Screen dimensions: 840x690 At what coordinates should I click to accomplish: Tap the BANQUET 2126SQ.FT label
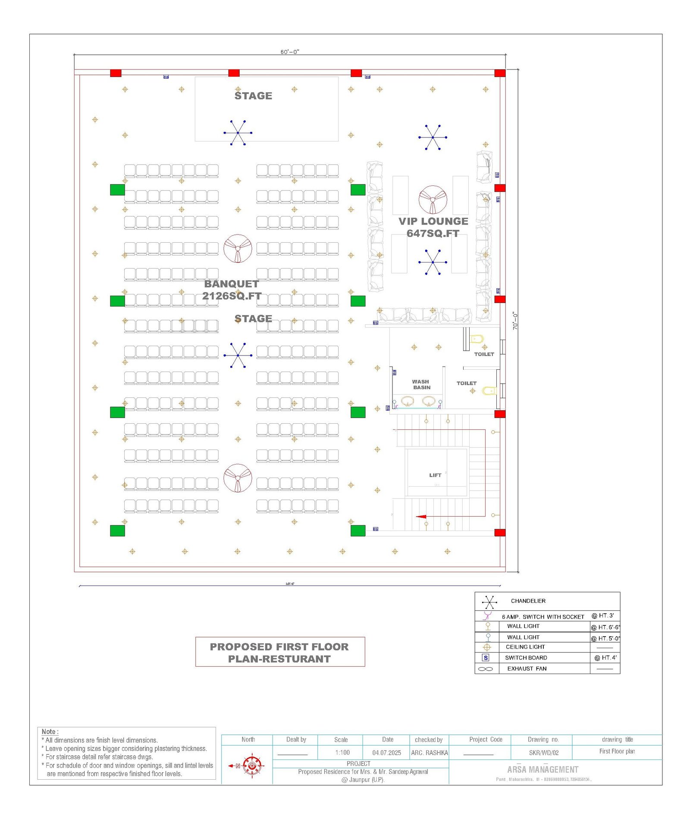[x=232, y=290]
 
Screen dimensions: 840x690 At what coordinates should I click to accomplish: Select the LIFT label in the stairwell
[x=435, y=475]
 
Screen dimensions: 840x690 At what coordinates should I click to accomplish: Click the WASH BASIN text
[x=421, y=384]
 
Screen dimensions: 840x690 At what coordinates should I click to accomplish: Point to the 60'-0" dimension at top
[x=290, y=52]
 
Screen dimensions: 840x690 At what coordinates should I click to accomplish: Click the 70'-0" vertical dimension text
[x=515, y=321]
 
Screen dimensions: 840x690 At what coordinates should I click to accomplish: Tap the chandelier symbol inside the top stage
[x=238, y=133]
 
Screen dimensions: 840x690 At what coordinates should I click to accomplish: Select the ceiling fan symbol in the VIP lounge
[x=433, y=200]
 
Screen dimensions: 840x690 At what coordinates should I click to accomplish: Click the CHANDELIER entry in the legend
[x=528, y=601]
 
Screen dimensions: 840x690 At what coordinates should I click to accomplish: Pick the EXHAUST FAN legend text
[x=527, y=668]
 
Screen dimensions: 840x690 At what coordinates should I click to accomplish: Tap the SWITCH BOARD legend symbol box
[x=486, y=658]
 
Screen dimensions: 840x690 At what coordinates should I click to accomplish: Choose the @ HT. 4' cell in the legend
[x=605, y=658]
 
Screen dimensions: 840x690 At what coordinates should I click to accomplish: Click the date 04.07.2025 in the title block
[x=386, y=753]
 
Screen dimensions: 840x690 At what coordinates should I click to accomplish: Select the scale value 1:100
[x=342, y=753]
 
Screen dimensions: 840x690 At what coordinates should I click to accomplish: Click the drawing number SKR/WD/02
[x=543, y=753]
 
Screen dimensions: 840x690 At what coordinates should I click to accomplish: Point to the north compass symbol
[x=251, y=766]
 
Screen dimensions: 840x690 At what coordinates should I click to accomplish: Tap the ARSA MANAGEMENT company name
[x=543, y=769]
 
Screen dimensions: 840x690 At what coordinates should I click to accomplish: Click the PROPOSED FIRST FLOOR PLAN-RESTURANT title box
[x=280, y=652]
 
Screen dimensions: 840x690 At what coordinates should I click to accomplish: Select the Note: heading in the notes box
[x=50, y=731]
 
